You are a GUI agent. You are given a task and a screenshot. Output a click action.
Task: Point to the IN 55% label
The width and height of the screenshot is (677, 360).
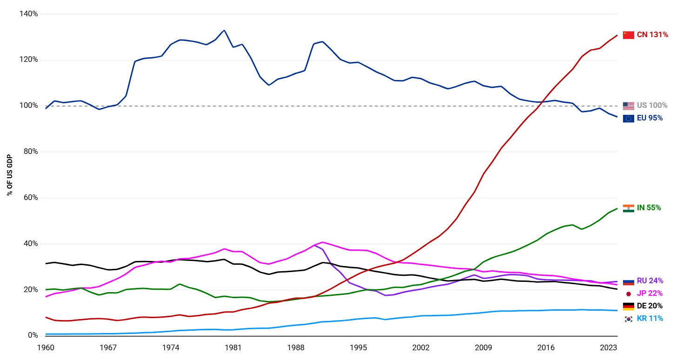click(649, 208)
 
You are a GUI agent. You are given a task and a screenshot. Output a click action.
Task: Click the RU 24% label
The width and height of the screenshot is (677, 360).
click(650, 281)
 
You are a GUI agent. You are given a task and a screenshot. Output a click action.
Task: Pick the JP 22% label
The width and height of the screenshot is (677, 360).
click(650, 293)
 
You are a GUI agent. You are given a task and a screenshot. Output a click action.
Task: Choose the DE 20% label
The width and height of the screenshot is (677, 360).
click(650, 306)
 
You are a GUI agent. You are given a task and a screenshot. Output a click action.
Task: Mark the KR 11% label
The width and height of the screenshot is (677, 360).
click(650, 319)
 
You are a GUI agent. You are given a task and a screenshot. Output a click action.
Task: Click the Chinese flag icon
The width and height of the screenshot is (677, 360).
click(628, 35)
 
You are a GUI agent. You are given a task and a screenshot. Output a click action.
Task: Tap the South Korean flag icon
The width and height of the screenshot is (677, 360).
click(628, 319)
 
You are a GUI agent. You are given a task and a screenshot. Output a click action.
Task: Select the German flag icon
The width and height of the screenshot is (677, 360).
click(628, 306)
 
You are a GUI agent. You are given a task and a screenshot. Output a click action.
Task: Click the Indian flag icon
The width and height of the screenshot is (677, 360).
click(628, 208)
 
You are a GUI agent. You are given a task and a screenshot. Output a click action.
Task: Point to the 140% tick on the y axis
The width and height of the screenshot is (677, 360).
click(29, 14)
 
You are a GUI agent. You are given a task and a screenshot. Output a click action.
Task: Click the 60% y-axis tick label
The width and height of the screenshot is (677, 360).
click(31, 198)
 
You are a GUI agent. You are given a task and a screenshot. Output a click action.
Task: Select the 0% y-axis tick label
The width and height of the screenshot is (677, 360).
click(33, 335)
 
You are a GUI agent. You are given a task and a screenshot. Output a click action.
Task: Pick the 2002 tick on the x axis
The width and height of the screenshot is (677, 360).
click(421, 347)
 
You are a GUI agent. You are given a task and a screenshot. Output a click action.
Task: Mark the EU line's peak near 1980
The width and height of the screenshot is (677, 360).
click(224, 30)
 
